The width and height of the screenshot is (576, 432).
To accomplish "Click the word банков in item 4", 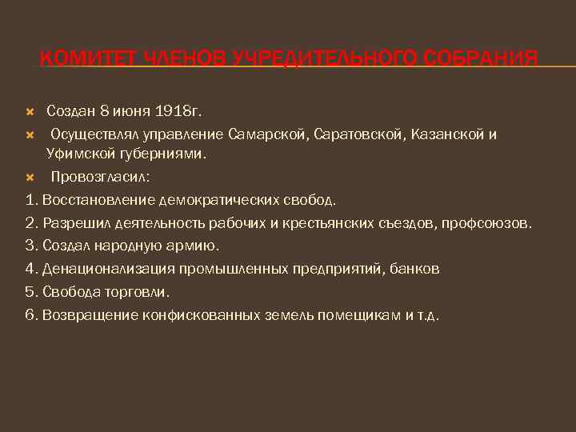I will click(414, 269).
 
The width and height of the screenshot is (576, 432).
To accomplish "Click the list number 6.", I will click(30, 315).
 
